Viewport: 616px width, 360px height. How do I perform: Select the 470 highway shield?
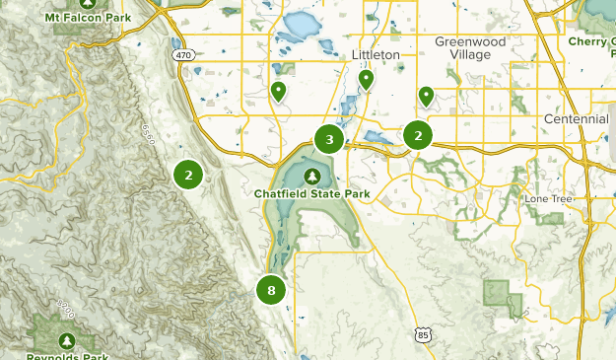click(x=183, y=57)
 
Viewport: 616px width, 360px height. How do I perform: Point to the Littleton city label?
click(x=376, y=55)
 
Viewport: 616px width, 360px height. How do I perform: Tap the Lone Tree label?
click(x=548, y=198)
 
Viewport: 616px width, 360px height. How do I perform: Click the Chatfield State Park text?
click(x=311, y=194)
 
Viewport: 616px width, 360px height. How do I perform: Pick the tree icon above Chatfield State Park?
click(x=312, y=177)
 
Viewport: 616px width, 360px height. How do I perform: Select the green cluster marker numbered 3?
click(x=329, y=139)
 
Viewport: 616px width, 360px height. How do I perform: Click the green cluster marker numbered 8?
click(x=270, y=290)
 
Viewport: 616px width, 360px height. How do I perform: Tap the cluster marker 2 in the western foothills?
click(x=187, y=175)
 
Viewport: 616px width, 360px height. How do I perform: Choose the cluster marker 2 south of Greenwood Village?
click(x=418, y=135)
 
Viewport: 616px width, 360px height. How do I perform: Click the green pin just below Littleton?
click(x=366, y=79)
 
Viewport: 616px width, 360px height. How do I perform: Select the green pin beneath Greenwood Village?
click(x=426, y=96)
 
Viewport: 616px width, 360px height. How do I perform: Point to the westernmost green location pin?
click(x=278, y=92)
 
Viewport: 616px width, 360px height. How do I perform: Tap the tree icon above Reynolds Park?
click(x=67, y=339)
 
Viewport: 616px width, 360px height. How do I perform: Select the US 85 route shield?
click(x=422, y=335)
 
